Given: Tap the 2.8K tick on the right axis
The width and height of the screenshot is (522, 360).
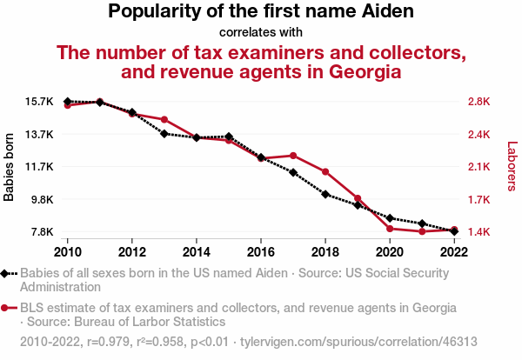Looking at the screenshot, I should coord(479,102).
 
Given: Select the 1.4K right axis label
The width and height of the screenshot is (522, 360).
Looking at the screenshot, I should coord(479,231).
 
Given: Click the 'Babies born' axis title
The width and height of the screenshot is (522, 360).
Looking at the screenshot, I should coord(10,166).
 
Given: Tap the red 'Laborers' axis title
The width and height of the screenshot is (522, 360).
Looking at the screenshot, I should coord(512,166).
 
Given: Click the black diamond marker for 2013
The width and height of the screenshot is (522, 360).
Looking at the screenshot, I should coord(164,133).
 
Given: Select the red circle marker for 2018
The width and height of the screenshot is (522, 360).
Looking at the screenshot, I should coord(325,171).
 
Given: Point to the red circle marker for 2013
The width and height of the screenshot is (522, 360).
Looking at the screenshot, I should coord(164,119).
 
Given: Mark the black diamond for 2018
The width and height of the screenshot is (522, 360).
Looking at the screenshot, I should coord(325,194).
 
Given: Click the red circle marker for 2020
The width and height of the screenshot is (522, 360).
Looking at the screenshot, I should coord(390,228).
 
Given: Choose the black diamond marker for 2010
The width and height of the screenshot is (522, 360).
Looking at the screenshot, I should coord(68,102).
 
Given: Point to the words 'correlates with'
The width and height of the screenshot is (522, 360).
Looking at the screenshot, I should coord(261,32).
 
